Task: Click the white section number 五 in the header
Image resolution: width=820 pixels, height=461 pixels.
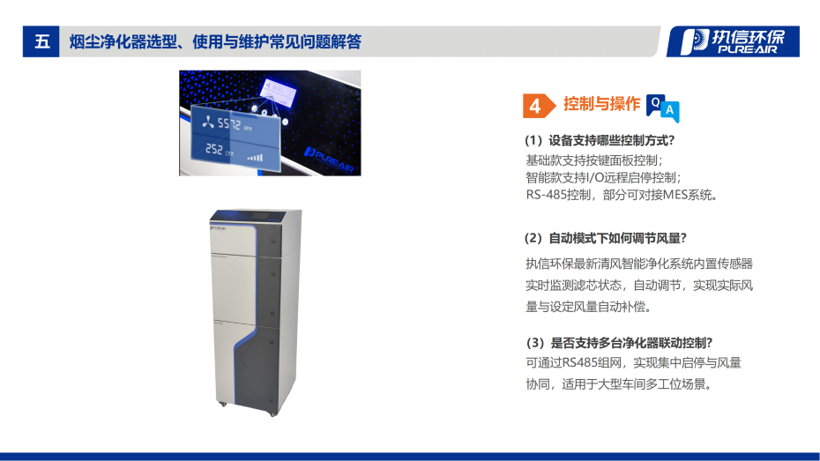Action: pyautogui.click(x=41, y=41)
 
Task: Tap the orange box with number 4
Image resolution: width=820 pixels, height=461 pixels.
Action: pyautogui.click(x=535, y=106)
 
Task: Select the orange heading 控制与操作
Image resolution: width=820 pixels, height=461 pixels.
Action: pyautogui.click(x=601, y=104)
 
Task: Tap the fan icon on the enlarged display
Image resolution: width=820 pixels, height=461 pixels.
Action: pyautogui.click(x=208, y=123)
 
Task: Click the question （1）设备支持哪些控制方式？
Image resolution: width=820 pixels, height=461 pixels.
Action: pyautogui.click(x=600, y=140)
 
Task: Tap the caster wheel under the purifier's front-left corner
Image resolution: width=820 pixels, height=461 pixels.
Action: pyautogui.click(x=222, y=405)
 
